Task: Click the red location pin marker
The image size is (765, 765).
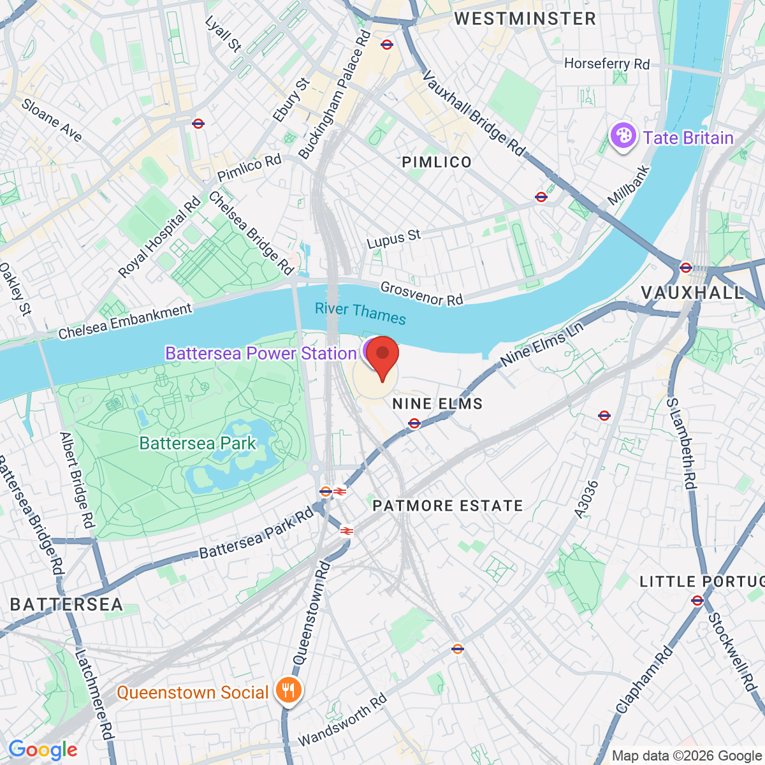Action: pos(382,357)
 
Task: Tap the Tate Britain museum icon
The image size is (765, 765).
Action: pos(623,136)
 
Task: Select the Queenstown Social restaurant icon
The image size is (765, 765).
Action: pos(288,690)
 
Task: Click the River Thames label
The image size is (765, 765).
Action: pos(360,313)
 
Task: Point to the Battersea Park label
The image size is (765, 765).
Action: pos(198,443)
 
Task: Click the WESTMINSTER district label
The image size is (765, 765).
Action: pos(525,18)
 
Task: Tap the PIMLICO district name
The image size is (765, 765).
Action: pos(437,162)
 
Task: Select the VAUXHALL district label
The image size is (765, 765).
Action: pos(692,293)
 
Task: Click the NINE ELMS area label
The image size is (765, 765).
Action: pos(437,404)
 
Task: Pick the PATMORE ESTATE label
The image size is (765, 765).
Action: pos(448,506)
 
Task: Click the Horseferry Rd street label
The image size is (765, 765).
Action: pos(607,64)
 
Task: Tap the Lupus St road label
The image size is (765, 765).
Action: pos(394,239)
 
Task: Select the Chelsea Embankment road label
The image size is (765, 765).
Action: pos(125,321)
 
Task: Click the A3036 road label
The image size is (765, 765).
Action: pos(586,499)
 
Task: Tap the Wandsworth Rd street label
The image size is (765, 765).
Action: pos(342,720)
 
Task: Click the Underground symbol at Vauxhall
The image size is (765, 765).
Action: pos(686,267)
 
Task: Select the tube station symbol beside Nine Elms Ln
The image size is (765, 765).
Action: pos(414,423)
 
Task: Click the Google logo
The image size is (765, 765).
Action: pos(43,750)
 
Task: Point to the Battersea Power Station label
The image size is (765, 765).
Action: pos(261,353)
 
